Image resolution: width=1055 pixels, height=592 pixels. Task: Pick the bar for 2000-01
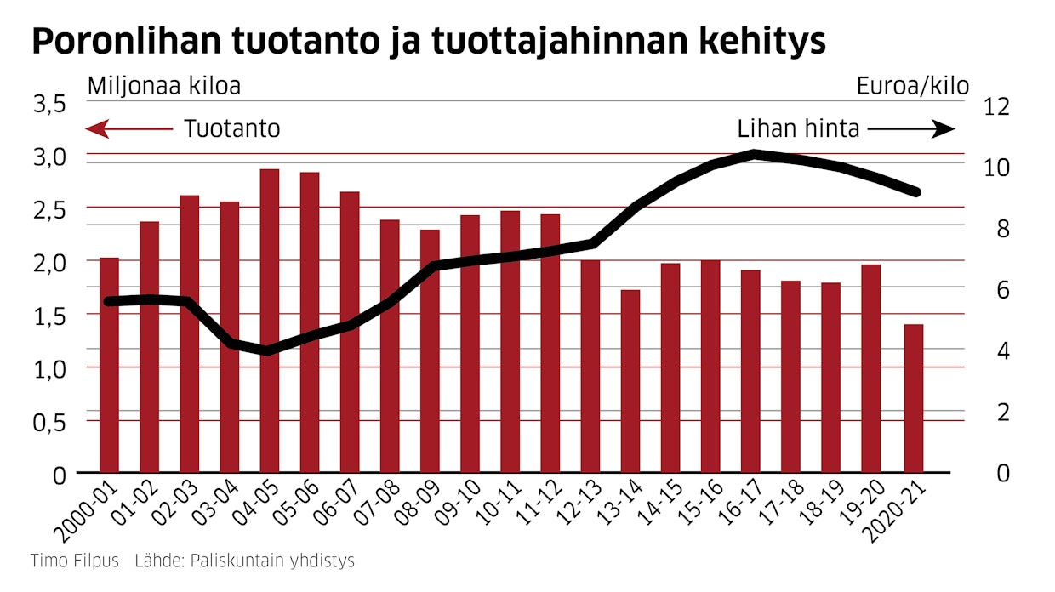coord(109,365)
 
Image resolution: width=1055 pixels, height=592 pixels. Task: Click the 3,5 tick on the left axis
coord(49,105)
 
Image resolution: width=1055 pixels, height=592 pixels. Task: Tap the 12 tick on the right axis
coord(995,107)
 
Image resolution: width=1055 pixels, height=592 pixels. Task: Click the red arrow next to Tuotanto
coord(128,129)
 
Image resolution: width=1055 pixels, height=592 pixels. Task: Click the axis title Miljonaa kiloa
coord(164,86)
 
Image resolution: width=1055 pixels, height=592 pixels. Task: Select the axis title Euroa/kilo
coord(912,86)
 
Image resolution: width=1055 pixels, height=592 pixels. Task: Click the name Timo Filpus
coord(75,561)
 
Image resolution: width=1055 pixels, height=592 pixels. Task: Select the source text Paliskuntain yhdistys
coord(272,561)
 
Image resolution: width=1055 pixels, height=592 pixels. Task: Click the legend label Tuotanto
coord(232,129)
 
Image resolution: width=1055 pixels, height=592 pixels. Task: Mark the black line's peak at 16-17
coord(753,154)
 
